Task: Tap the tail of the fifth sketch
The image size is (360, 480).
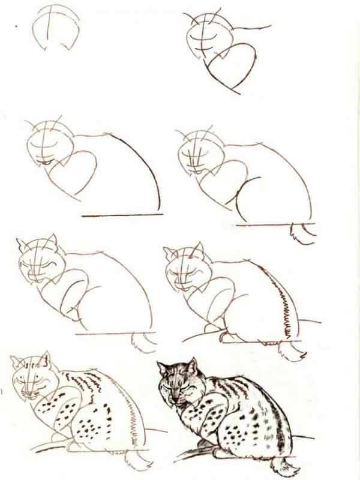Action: click(x=144, y=342)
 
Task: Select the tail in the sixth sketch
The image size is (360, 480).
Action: click(x=294, y=350)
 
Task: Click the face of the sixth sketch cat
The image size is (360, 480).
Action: click(x=187, y=273)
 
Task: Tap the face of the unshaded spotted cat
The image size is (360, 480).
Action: click(x=31, y=381)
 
